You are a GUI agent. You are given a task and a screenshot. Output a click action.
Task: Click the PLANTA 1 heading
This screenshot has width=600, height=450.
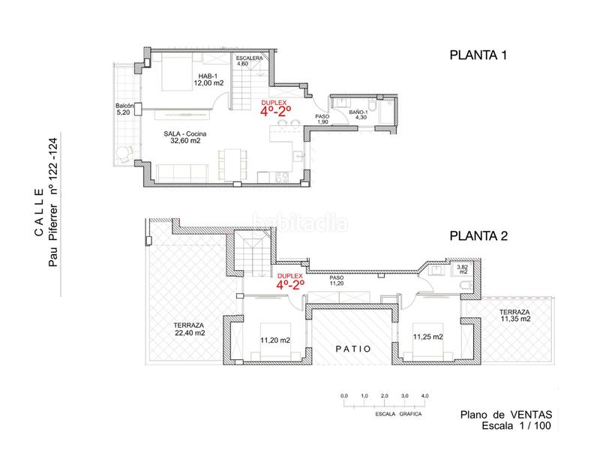click(478, 55)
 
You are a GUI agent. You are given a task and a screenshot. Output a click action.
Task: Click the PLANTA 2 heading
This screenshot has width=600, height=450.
click(478, 235)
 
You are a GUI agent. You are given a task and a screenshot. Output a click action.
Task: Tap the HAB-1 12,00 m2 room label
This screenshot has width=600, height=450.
click(208, 79)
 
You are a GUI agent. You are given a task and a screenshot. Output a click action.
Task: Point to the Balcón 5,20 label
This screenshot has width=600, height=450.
click(124, 109)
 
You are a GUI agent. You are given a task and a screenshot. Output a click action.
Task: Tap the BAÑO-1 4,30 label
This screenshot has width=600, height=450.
click(359, 115)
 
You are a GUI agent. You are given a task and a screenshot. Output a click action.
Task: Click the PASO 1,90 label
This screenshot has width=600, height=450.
click(322, 119)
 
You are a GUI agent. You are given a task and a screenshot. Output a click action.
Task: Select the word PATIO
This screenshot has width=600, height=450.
click(353, 349)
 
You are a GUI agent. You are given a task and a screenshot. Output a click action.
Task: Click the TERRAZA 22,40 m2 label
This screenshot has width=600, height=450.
click(190, 329)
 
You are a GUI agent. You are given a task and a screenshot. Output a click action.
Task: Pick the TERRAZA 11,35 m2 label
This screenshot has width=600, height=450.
click(514, 316)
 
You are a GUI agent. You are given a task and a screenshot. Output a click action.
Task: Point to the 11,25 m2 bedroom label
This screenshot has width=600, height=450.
click(427, 337)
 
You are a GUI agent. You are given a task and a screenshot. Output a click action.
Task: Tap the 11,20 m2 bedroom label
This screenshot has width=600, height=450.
click(275, 340)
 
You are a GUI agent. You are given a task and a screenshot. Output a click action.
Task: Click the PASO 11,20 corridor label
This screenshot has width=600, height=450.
click(337, 280)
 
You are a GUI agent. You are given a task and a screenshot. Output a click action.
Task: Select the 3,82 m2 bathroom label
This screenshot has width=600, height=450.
click(463, 269)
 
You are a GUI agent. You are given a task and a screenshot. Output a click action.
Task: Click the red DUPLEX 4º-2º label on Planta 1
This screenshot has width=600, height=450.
click(275, 108)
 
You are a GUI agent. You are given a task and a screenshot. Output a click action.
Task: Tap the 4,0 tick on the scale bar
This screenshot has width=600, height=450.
click(424, 396)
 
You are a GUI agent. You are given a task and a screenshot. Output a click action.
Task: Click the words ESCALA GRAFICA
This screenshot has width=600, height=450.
click(398, 414)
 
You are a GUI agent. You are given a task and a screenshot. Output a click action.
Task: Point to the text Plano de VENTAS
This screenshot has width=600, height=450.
click(505, 415)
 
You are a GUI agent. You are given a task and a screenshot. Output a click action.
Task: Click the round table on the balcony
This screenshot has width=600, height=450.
click(123, 154)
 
